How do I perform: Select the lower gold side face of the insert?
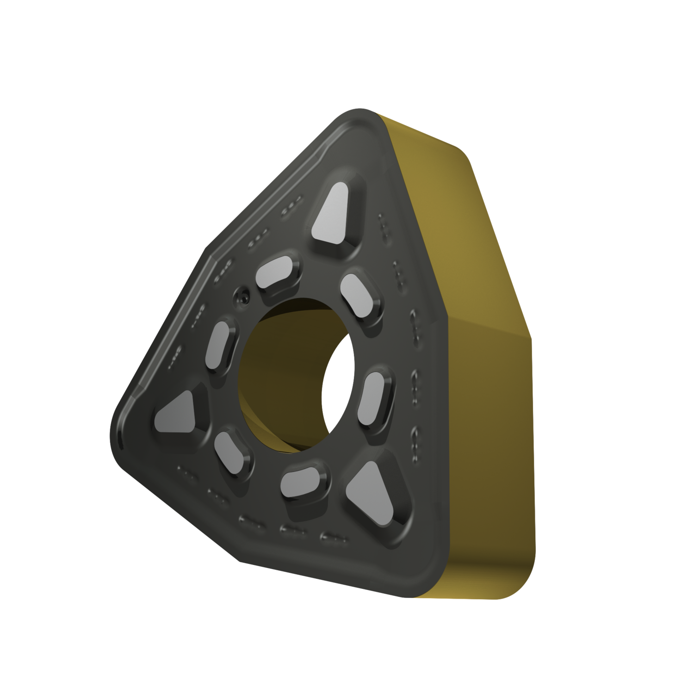pos(490,463)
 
